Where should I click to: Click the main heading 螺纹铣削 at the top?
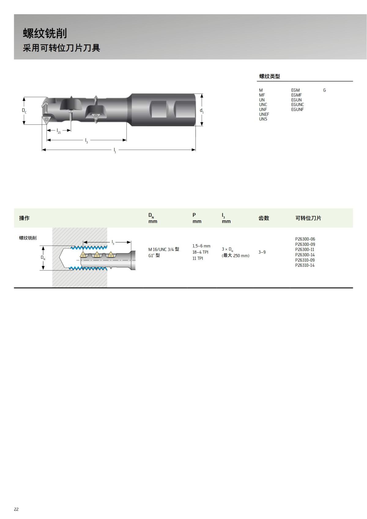(x=45, y=34)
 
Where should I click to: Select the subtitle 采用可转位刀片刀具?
(x=61, y=48)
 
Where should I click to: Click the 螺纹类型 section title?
(x=269, y=76)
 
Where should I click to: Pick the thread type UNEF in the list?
(x=264, y=114)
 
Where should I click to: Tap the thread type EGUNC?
(x=297, y=105)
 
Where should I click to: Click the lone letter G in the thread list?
(x=324, y=90)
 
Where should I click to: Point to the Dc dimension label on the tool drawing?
(x=24, y=110)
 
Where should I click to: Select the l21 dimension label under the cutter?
(x=59, y=131)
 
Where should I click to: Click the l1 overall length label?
(x=115, y=150)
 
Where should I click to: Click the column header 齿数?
(x=264, y=218)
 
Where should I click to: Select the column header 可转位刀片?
(x=308, y=218)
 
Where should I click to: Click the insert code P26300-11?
(x=305, y=250)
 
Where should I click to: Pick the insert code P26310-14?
(x=305, y=265)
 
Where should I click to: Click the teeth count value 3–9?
(x=262, y=252)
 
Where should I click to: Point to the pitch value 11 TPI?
(x=198, y=258)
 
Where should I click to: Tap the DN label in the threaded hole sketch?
(x=43, y=258)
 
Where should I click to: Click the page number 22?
(x=16, y=509)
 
